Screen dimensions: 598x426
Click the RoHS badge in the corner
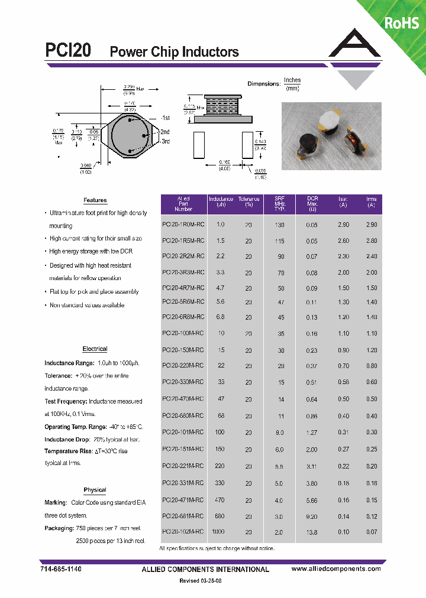coord(402,23)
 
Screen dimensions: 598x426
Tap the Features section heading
coord(95,200)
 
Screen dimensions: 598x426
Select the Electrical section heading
coord(95,349)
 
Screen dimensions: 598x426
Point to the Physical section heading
coord(95,490)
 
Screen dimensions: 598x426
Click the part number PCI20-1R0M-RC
coord(183,225)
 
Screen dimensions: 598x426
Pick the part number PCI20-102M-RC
coord(183,532)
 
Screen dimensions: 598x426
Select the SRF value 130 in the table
coord(280,225)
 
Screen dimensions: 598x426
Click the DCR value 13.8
coord(312,532)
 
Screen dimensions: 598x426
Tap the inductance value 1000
coord(218,532)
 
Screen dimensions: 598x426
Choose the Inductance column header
coord(221,203)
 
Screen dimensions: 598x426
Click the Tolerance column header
coord(248,203)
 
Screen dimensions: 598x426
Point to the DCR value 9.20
coord(312,516)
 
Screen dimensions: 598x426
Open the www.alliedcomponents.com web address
coord(336,568)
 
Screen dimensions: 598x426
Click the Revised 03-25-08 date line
coord(200,581)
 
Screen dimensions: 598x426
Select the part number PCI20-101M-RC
coord(183,433)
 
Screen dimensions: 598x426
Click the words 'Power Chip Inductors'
coord(175,52)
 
